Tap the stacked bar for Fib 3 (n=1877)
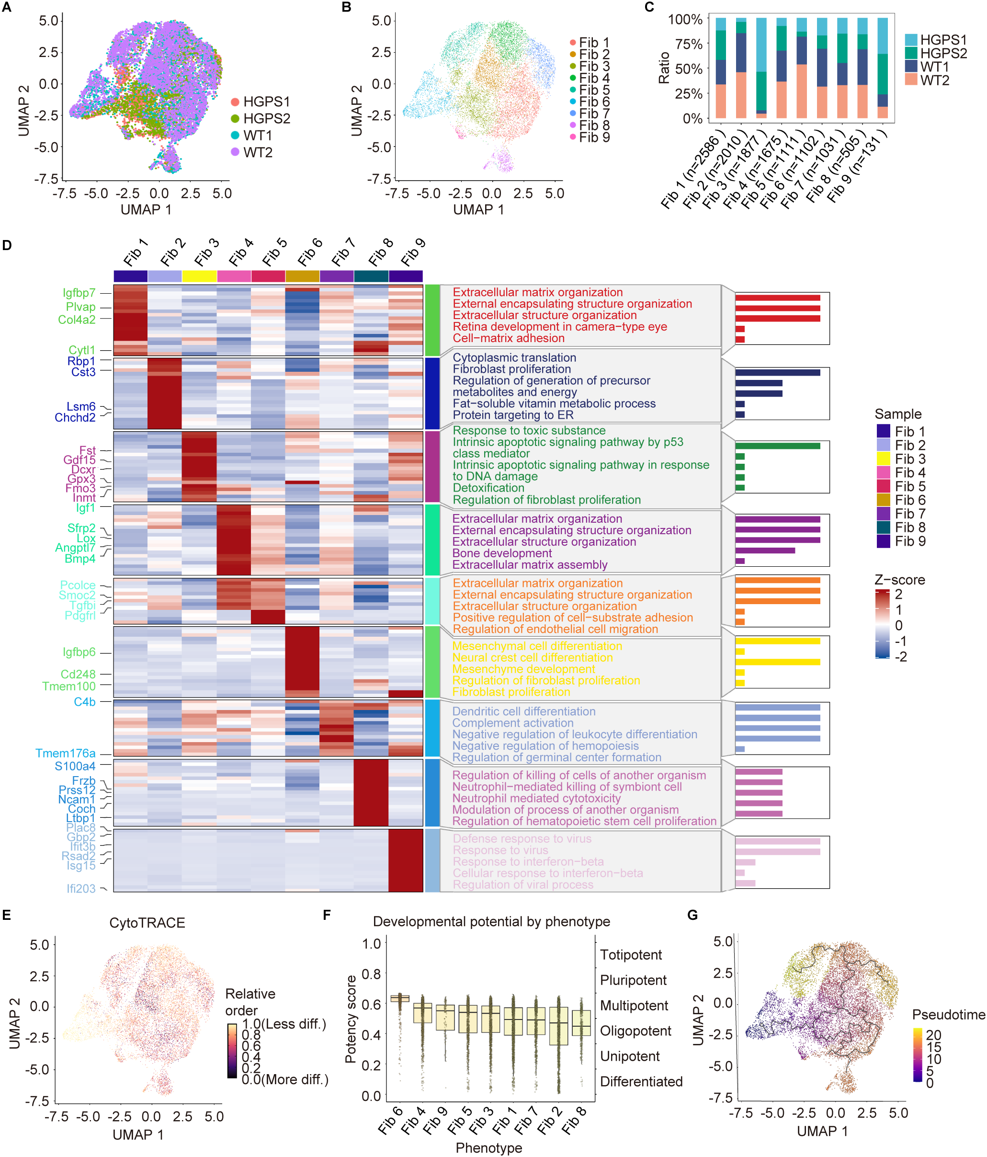point(761,67)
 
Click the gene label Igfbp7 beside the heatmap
point(79,293)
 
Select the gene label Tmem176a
point(65,753)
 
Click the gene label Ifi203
point(81,888)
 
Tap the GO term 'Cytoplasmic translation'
point(514,357)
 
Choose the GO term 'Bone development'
point(502,553)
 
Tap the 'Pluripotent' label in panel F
point(633,980)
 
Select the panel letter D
point(7,245)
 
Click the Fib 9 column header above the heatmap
point(413,252)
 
